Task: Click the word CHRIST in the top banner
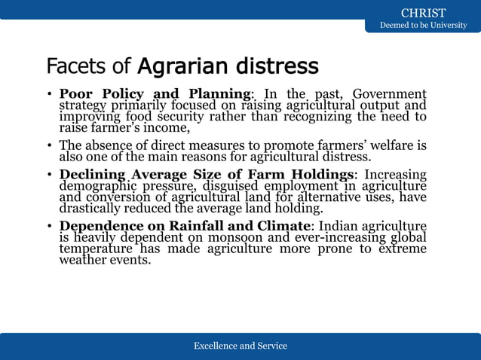tap(423, 13)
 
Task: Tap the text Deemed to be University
tap(423, 26)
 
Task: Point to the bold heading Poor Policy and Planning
tap(156, 94)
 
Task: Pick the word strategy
tap(82, 105)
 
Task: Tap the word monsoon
tap(215, 238)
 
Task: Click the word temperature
tap(97, 249)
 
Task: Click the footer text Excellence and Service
tap(240, 346)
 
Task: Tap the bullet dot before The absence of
tap(49, 145)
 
